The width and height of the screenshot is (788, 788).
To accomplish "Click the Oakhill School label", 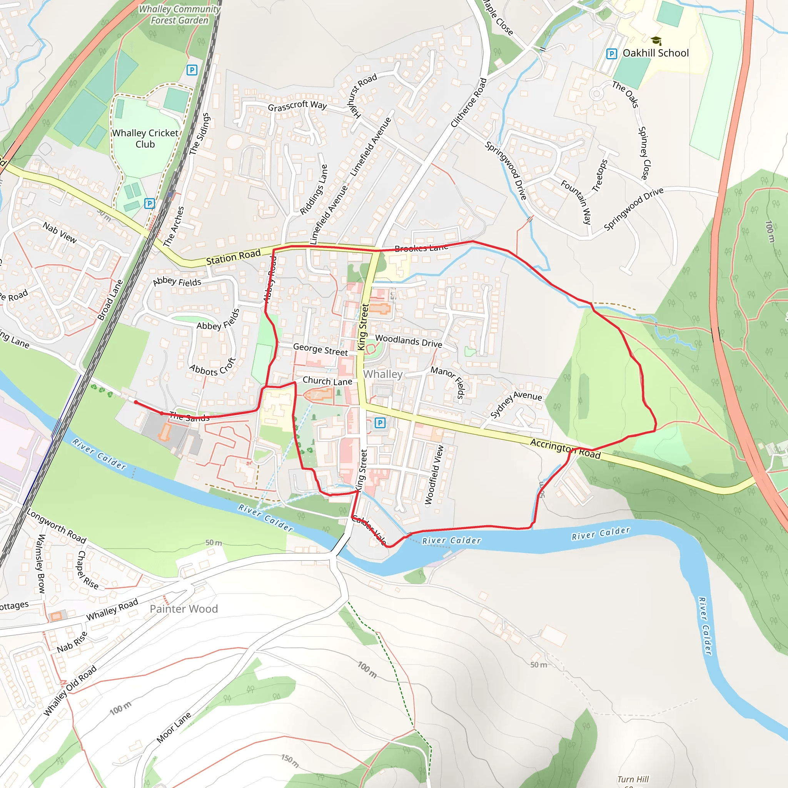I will coord(655,53).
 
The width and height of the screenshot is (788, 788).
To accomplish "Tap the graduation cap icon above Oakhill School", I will coord(656,40).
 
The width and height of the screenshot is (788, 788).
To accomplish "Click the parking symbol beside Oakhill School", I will coord(611,53).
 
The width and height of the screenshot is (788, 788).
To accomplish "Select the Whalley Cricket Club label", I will coord(145,139).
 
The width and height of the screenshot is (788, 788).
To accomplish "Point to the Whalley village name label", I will coord(382,374).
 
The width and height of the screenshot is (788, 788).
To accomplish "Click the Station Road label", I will coord(233,257).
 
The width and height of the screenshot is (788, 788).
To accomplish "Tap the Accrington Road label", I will coord(565,448).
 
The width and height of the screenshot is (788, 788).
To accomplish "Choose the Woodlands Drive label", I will coord(409,341).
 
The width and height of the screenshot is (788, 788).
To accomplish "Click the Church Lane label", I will coord(327,381).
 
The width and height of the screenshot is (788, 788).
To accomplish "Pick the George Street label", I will coord(321,349).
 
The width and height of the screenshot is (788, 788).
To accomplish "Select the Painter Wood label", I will coord(184,609).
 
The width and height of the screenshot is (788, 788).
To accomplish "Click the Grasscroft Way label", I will coord(297,106).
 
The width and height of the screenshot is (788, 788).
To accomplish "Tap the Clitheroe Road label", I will coord(469,103).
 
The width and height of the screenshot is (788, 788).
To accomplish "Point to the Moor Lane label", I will coord(174,728).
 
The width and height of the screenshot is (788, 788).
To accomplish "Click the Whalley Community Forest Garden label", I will coord(179,15).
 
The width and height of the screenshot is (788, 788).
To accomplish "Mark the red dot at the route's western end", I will coord(136,402).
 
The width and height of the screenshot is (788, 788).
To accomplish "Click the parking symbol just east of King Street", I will coord(380,422).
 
